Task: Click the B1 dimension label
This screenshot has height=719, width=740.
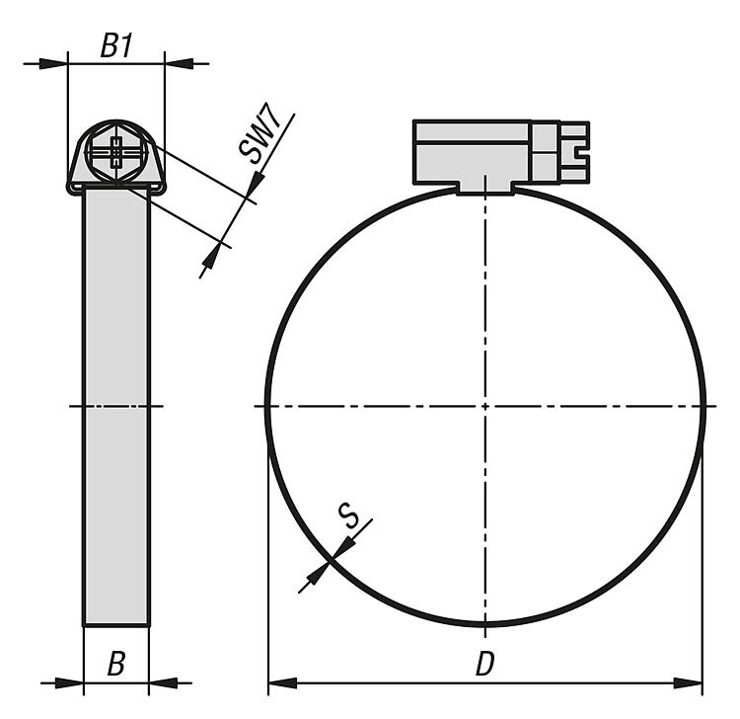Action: coord(116,45)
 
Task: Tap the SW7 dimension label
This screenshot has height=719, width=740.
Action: coord(260,132)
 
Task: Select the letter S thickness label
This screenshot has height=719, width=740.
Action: coord(348,516)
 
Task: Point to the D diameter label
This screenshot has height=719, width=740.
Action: coord(484,664)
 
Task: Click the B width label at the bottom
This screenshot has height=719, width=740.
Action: coord(116,664)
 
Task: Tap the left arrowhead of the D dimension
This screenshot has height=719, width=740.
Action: coord(283,682)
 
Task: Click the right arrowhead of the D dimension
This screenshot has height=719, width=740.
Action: coord(688,682)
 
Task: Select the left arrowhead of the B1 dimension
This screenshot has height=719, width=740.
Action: coord(53,63)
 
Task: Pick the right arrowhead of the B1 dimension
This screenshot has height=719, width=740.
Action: coord(180,63)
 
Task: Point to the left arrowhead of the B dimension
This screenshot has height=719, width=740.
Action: coord(69,682)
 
